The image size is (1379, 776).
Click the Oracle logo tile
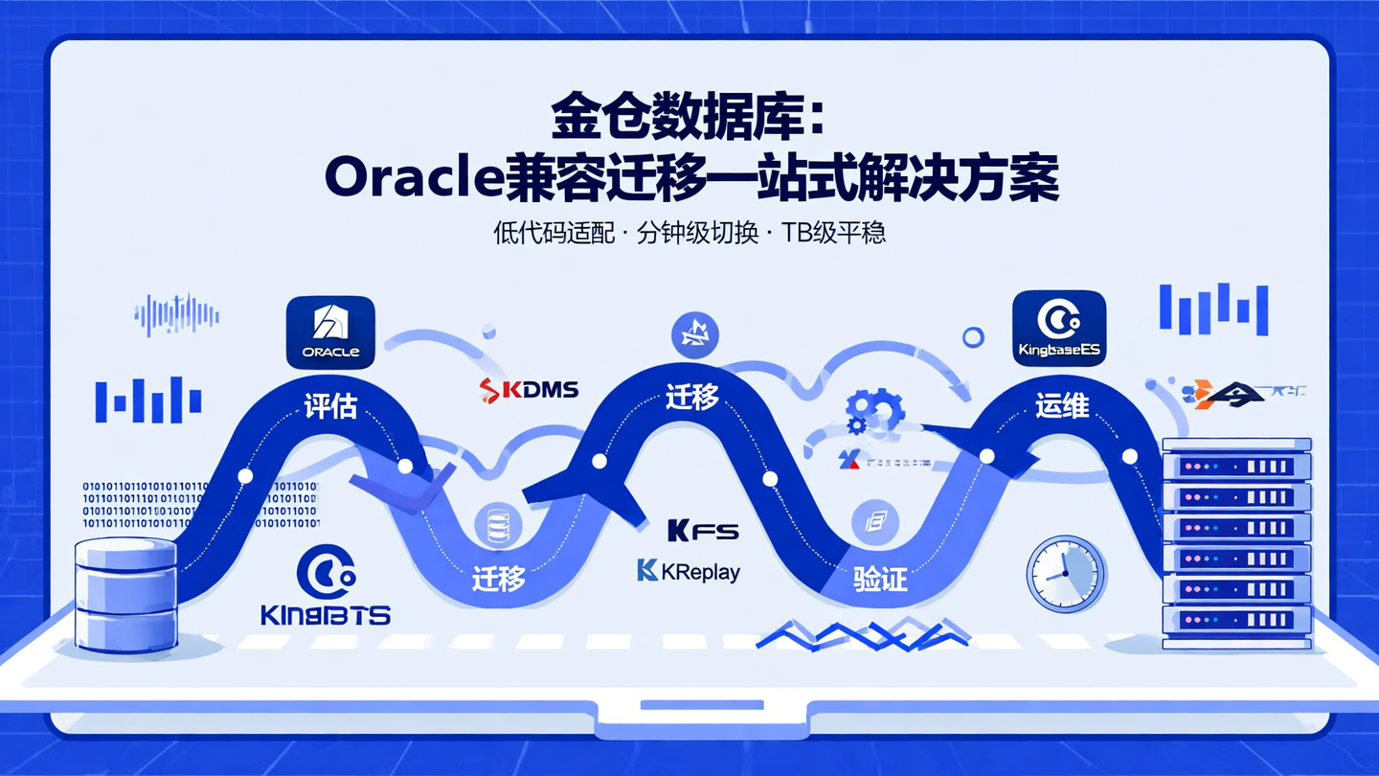tap(330, 331)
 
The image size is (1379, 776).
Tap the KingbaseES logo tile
tap(1058, 328)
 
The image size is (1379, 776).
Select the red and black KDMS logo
tap(529, 389)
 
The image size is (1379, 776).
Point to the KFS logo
tap(703, 530)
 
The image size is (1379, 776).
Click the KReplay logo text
tap(689, 571)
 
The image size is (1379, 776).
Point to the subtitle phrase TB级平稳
tap(833, 233)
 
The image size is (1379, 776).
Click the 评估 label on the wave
tap(330, 406)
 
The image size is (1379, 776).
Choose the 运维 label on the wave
tap(1062, 405)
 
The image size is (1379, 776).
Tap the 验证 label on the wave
tap(880, 579)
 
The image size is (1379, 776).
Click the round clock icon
tap(1065, 574)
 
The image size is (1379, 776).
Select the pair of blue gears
tap(873, 411)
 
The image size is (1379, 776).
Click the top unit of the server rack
tap(1235, 467)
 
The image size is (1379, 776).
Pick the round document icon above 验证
tap(875, 523)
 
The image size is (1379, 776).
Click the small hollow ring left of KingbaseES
tap(973, 336)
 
